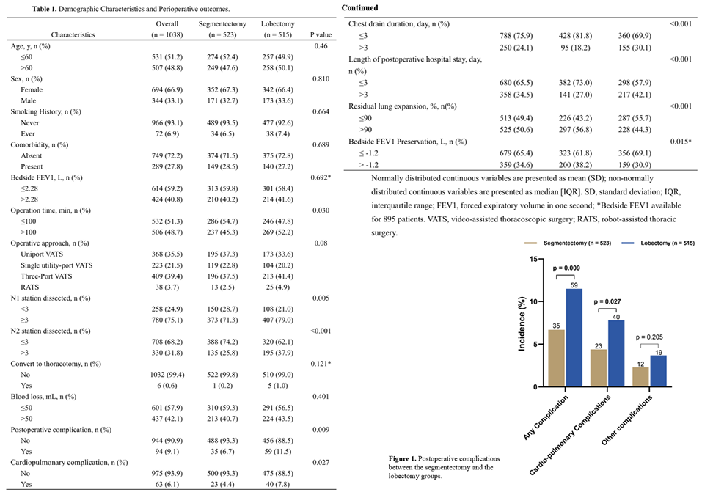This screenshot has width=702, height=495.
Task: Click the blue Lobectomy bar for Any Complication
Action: (x=574, y=337)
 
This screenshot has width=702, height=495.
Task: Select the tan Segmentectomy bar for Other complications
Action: (x=640, y=377)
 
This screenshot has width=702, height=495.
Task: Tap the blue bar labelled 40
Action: (x=616, y=353)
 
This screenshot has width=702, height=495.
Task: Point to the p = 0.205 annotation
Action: (x=649, y=337)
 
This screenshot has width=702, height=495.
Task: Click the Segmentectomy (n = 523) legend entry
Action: (x=568, y=243)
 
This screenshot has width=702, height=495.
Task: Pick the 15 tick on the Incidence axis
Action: (x=533, y=259)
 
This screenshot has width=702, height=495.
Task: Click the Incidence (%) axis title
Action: (x=522, y=323)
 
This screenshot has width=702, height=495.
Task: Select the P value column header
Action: (x=321, y=35)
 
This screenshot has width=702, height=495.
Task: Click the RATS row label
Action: (x=29, y=287)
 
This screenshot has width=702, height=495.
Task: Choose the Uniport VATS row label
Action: (x=42, y=254)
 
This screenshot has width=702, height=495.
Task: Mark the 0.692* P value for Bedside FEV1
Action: (x=321, y=177)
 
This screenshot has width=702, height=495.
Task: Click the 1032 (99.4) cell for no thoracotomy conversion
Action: (x=167, y=375)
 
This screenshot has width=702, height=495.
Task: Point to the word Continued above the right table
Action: (x=359, y=7)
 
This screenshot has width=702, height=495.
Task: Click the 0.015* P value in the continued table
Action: (x=681, y=142)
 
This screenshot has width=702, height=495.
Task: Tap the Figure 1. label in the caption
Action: (x=402, y=459)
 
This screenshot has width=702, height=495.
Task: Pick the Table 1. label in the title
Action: (x=44, y=9)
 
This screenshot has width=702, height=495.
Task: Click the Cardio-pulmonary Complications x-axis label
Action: (x=569, y=436)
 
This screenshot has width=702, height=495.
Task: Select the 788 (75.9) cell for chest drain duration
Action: (x=516, y=36)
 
